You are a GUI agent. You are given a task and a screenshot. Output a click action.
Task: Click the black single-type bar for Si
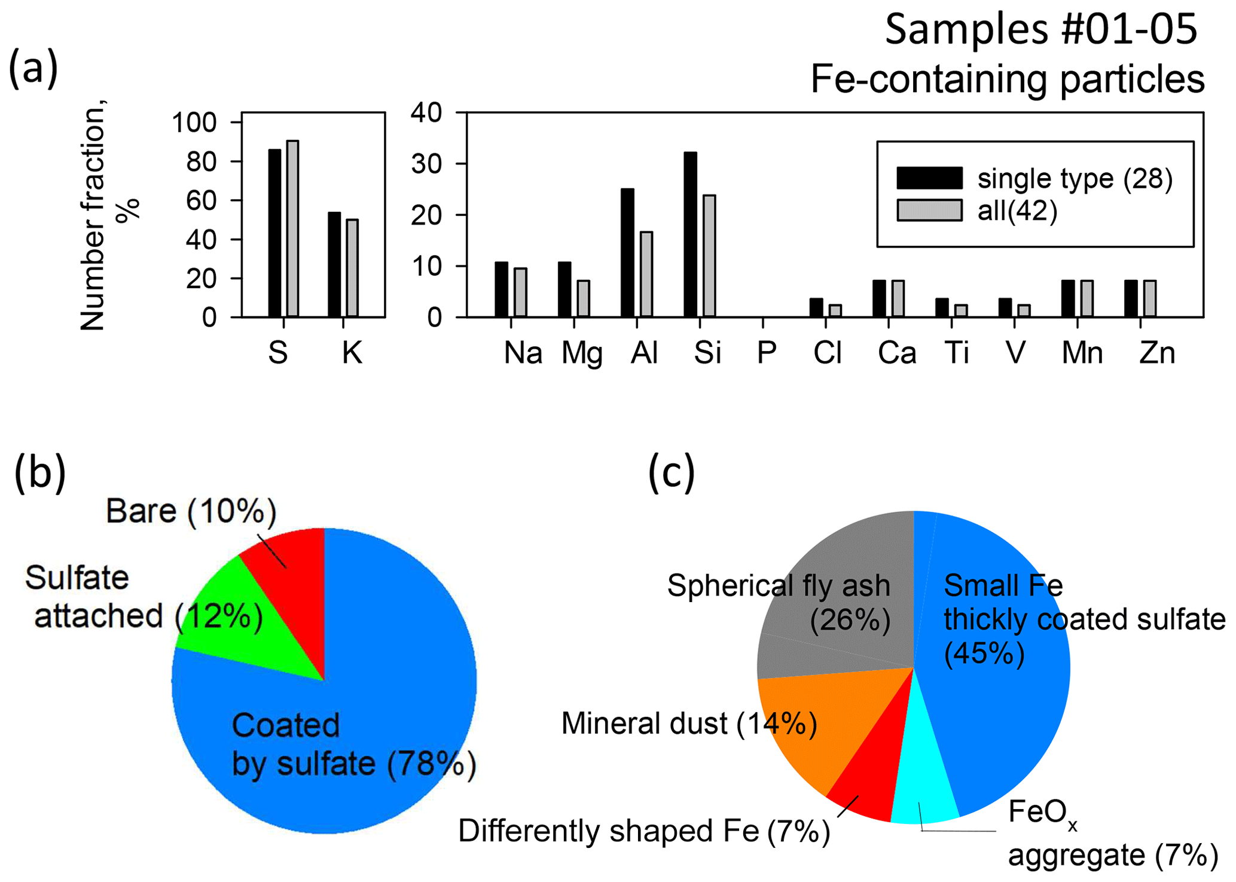coord(690,234)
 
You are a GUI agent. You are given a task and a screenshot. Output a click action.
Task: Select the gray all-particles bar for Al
coord(646,274)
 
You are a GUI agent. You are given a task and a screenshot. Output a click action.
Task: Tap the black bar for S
coord(274,233)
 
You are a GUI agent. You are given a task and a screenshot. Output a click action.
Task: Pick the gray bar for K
coord(352,268)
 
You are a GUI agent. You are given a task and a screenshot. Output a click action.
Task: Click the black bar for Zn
coord(1131,298)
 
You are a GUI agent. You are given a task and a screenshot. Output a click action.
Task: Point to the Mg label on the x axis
coord(581,353)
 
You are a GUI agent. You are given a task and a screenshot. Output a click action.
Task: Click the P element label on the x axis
coord(766,353)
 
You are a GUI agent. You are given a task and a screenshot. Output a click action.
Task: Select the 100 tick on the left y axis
coord(193,123)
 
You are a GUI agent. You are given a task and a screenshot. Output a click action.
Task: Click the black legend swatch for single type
coord(929,178)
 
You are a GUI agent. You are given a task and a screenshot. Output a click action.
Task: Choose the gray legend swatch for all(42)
coord(929,210)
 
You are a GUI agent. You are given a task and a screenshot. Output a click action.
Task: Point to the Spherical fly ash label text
coord(779,586)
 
